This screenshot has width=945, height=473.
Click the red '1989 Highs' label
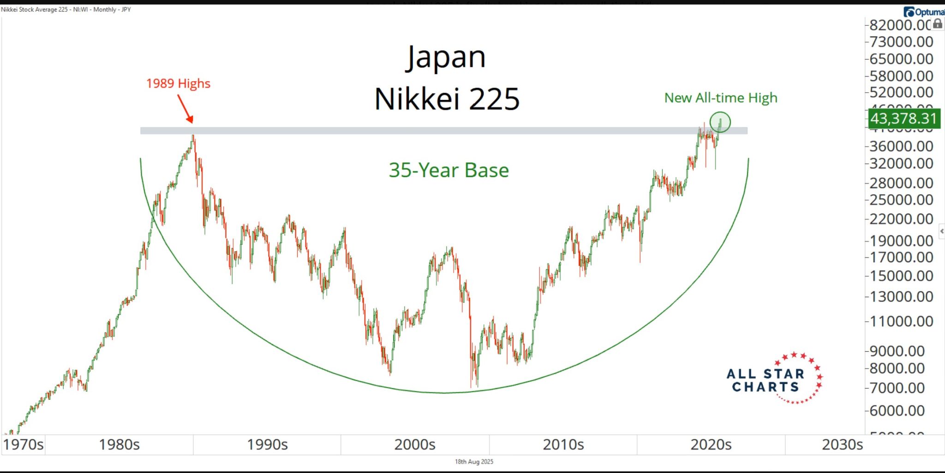click(178, 83)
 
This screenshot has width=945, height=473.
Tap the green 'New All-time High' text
click(720, 98)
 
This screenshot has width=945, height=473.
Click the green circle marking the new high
click(720, 122)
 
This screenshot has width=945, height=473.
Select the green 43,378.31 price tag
click(903, 118)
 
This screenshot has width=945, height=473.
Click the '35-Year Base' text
click(449, 170)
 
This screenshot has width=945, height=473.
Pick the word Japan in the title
click(446, 58)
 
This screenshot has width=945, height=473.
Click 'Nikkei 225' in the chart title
click(447, 99)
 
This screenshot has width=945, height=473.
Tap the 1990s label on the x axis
click(267, 444)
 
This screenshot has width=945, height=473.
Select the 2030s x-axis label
click(842, 444)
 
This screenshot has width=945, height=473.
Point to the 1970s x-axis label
click(23, 444)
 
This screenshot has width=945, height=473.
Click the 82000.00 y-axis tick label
click(900, 25)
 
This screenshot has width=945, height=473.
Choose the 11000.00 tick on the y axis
click(901, 321)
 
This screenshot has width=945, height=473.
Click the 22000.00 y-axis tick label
click(901, 219)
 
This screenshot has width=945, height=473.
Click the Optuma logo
click(924, 12)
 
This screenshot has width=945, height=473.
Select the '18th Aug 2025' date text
click(474, 461)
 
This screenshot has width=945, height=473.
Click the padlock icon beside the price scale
click(938, 24)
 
